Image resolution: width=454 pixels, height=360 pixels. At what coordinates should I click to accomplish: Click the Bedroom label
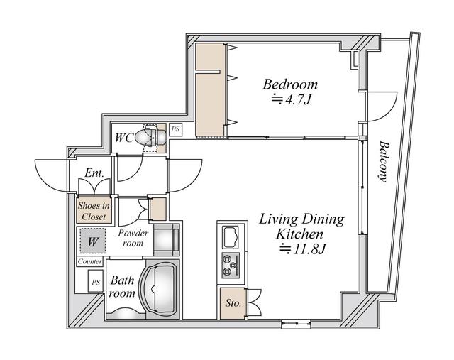tap(290, 84)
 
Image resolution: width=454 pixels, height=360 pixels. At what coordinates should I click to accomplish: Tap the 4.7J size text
tap(292, 100)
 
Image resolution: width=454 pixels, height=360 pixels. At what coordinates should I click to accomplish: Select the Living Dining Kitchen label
tap(301, 226)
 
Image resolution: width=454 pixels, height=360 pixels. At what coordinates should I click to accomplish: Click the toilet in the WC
tap(153, 137)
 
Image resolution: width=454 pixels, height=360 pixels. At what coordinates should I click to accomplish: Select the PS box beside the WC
tap(175, 131)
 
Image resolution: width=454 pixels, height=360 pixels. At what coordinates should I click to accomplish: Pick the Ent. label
tap(94, 173)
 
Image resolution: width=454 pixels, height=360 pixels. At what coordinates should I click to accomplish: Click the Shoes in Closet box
tap(93, 211)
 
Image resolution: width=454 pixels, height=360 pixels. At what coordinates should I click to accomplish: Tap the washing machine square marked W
tap(92, 241)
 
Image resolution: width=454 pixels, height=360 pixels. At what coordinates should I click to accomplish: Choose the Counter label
tap(91, 261)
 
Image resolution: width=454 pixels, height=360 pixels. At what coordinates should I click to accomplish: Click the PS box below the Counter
tap(94, 283)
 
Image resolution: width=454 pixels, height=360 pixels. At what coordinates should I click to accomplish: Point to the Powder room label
tap(133, 238)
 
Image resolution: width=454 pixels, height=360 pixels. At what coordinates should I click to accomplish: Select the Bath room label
tap(122, 287)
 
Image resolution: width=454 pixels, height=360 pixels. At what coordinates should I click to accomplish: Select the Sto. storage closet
tap(232, 303)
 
